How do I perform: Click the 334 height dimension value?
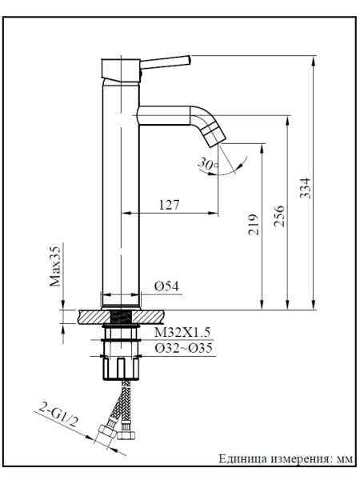pos(305,188)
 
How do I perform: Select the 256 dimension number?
pos(279,216)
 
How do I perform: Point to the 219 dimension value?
pos(254,225)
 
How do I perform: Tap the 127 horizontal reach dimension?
pos(170,205)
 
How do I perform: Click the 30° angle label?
pos(208,163)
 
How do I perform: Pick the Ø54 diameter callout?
pos(166,286)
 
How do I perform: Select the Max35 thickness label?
pos(55,266)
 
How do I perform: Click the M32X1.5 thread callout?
pos(182,332)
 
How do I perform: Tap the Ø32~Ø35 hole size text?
pos(183,348)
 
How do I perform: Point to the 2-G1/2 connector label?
pos(58,415)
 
